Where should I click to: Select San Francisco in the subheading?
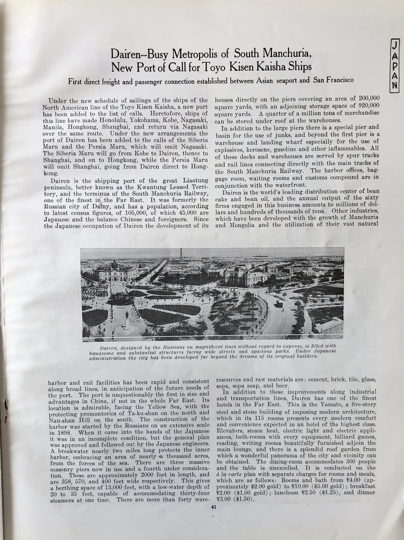click(x=333, y=80)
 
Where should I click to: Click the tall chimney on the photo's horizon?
click(x=181, y=254)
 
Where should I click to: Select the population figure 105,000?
click(x=154, y=213)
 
